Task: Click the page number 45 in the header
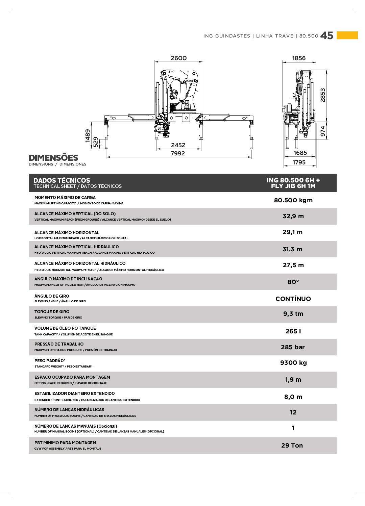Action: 326,35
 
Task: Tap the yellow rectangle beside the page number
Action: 347,35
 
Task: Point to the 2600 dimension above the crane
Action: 178,58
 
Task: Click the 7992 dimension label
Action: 178,153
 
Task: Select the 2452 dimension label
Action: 178,145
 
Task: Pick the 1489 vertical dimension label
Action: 88,135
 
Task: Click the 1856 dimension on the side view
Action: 299,58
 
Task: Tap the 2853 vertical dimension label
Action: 323,95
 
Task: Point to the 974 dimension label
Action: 323,131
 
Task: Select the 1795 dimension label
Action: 299,162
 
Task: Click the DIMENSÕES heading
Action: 53,158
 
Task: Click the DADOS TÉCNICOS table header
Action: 62,180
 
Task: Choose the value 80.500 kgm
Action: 293,200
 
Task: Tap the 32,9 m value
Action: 293,216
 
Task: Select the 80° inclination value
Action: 293,282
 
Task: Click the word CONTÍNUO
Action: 293,299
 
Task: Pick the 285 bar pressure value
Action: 293,347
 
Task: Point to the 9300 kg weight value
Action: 293,363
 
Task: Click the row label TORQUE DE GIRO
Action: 52,312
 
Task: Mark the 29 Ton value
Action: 292,446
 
